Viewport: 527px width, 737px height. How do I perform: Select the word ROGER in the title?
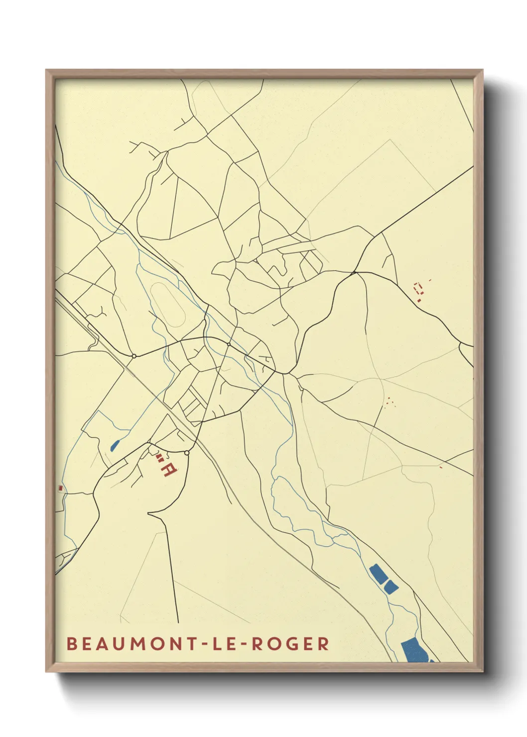click(x=290, y=644)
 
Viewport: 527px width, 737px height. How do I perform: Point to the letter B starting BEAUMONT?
click(x=71, y=644)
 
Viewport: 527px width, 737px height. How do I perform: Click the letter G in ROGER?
click(x=290, y=644)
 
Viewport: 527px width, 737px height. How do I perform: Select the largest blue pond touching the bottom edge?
click(x=413, y=649)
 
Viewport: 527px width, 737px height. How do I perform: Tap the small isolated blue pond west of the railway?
click(x=115, y=445)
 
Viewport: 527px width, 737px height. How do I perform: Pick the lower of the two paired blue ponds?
click(x=391, y=587)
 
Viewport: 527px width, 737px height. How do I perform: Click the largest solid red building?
click(x=168, y=470)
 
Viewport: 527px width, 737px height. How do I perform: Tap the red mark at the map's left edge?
click(x=61, y=488)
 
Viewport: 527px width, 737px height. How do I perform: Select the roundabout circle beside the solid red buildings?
click(x=187, y=453)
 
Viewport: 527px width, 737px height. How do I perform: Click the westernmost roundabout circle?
click(x=133, y=356)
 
